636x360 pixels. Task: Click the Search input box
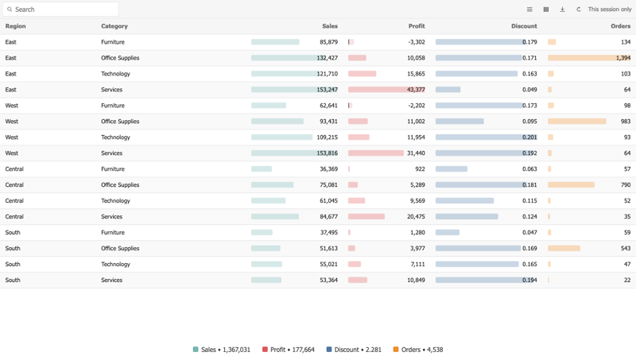(60, 10)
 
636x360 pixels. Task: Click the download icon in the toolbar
(562, 10)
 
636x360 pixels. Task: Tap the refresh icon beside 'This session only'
(579, 10)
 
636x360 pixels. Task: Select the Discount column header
(524, 26)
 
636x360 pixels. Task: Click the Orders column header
(621, 26)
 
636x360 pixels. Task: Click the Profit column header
(417, 26)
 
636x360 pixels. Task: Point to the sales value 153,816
(327, 153)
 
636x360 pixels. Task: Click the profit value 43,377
(416, 90)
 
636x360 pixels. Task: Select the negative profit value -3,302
(417, 42)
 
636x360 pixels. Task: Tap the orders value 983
(626, 122)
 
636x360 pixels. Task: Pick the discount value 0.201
(529, 137)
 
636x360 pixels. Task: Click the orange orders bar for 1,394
(589, 58)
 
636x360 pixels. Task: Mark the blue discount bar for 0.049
(448, 90)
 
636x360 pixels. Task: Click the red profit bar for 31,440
(375, 153)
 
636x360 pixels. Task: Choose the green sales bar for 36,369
(262, 169)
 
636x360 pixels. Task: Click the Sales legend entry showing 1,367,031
(222, 350)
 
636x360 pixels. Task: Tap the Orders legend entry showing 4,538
(418, 350)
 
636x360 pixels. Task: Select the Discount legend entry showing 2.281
(354, 350)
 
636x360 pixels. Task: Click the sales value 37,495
(328, 233)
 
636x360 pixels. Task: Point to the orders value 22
(627, 281)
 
